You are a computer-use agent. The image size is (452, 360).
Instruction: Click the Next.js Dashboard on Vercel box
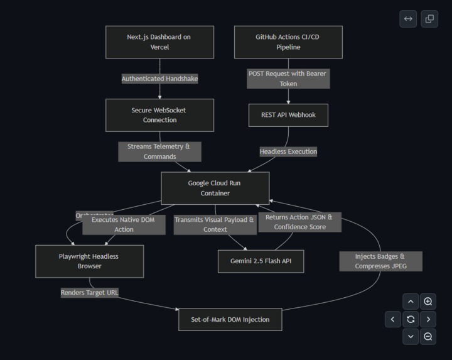point(159,42)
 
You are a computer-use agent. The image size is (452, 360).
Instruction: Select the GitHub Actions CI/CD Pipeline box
point(288,42)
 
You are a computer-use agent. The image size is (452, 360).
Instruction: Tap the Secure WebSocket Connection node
point(159,115)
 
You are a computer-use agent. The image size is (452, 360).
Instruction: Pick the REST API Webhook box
point(288,115)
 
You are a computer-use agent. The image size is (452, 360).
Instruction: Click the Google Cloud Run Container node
point(215,188)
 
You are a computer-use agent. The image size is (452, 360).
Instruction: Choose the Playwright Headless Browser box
point(89,261)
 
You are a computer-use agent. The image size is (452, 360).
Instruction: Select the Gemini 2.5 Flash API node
point(261,261)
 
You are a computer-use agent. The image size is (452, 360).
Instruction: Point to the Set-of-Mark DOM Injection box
point(230,319)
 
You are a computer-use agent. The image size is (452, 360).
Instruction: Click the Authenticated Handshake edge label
point(159,79)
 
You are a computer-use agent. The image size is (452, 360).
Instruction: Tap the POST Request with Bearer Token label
point(288,79)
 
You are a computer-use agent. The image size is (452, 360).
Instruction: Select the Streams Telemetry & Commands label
point(159,151)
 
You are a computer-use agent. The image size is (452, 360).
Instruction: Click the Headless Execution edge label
point(288,151)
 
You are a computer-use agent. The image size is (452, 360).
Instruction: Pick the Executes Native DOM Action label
point(124,224)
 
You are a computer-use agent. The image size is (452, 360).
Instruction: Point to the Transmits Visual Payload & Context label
point(214,224)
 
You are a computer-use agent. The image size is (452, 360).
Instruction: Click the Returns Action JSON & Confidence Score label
point(299,222)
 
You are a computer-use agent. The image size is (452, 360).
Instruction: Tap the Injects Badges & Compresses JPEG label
point(380,261)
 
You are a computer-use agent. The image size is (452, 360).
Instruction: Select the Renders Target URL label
point(89,292)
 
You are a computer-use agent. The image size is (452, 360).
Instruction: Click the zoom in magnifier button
point(428,302)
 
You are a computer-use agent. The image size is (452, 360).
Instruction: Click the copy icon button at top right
point(429,19)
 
